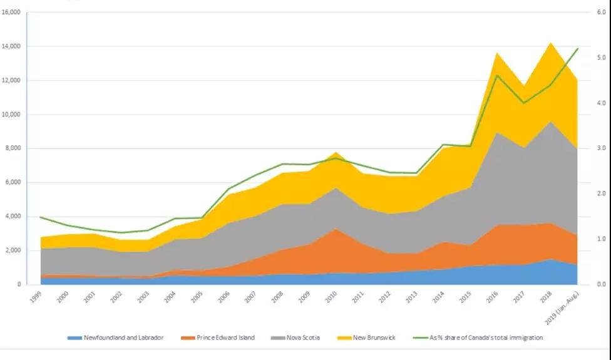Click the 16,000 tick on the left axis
(x=11, y=13)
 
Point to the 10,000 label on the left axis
(x=11, y=115)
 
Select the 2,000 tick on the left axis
(x=13, y=250)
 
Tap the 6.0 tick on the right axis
(x=599, y=13)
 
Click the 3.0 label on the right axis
(x=599, y=148)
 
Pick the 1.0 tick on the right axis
(x=599, y=239)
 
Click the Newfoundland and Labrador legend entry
(x=116, y=338)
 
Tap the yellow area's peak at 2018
(x=550, y=43)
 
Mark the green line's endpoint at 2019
(x=577, y=48)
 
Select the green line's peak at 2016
(x=496, y=75)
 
